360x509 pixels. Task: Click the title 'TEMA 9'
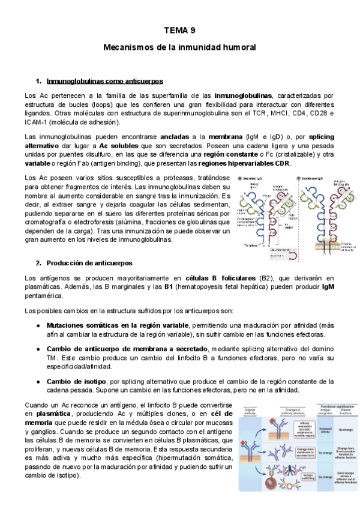coord(180,30)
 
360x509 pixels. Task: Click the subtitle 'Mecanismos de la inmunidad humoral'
coord(180,46)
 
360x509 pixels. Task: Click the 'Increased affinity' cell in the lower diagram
coord(322,430)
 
